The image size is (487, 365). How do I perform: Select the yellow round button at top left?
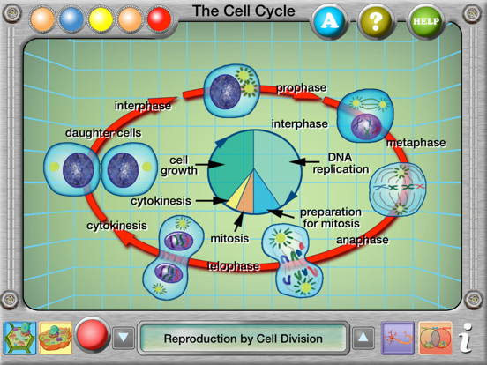pos(101,19)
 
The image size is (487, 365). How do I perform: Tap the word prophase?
pos(301,88)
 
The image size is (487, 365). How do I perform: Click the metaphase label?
pos(416,143)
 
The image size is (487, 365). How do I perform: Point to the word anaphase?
pos(362,238)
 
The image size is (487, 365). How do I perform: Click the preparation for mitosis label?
pos(331,218)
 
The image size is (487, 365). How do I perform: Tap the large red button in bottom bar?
pos(92,337)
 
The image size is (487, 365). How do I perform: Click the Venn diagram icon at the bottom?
pos(434,338)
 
